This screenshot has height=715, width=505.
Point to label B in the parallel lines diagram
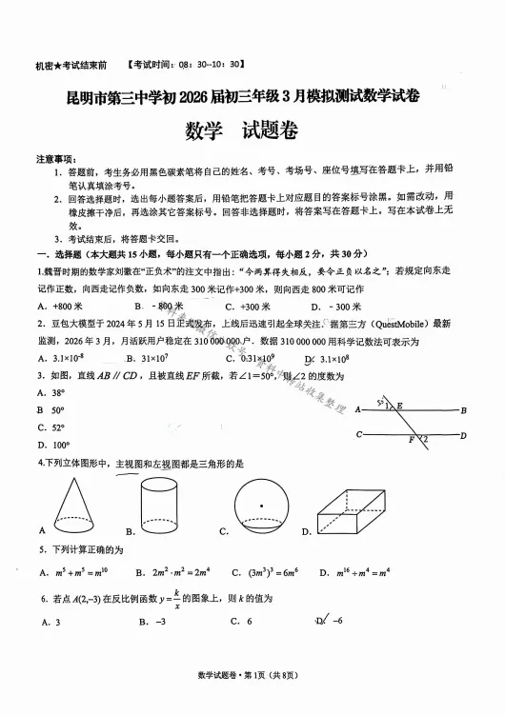tap(463, 410)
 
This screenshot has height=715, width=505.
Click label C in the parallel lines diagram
tap(359, 434)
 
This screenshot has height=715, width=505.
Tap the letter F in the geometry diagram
tap(411, 441)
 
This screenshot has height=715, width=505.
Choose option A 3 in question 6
tap(51, 622)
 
